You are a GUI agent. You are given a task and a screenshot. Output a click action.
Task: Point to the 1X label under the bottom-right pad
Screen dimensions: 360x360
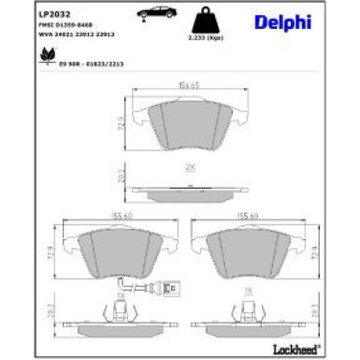(250, 291)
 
